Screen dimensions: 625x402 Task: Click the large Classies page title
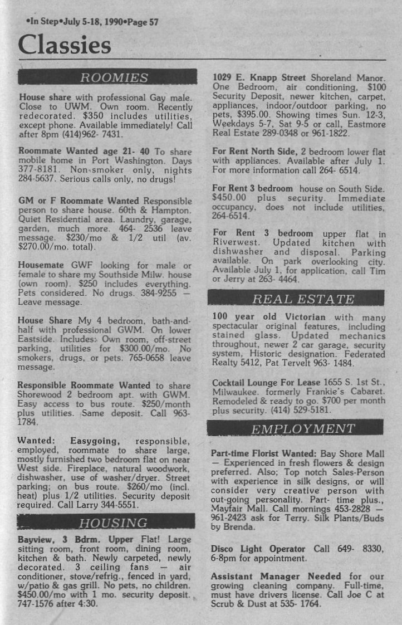(65, 45)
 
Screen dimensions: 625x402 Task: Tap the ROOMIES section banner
(107, 77)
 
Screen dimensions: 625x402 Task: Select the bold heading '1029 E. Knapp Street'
(259, 77)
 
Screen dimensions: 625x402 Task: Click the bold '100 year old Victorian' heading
(269, 316)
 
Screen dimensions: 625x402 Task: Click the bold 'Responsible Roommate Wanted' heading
(84, 385)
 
